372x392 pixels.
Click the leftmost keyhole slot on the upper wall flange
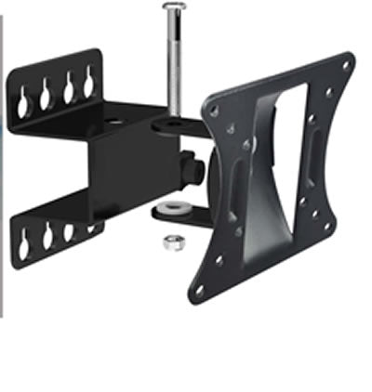[23, 95]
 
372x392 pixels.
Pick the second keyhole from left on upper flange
[46, 90]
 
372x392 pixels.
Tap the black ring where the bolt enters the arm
[173, 120]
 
